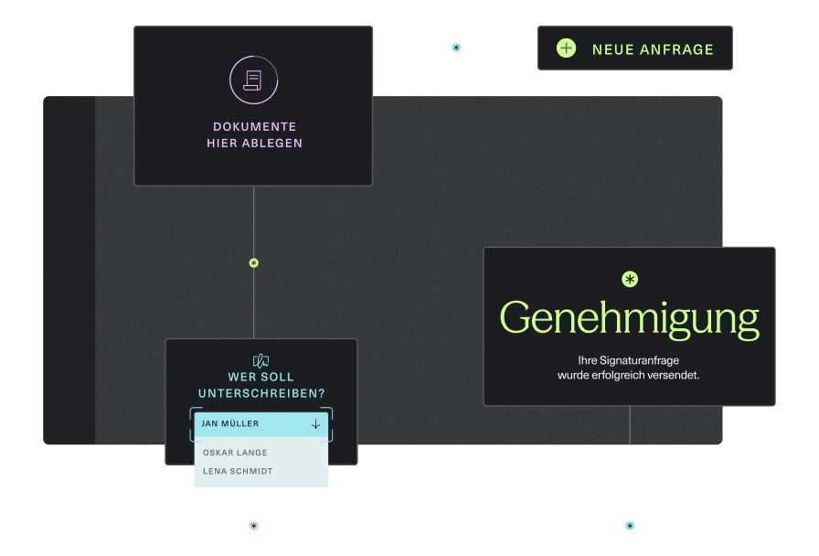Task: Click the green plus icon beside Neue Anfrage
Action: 567,48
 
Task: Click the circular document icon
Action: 253,80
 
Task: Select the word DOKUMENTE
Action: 254,126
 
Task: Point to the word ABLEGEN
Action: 271,143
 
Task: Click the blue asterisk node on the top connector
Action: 456,48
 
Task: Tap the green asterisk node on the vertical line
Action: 254,263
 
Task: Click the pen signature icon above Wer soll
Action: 261,360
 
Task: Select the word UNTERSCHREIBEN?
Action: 261,393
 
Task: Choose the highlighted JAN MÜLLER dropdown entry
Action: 230,423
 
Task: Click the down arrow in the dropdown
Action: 315,423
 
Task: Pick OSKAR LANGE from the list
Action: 235,453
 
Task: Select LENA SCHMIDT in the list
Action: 238,471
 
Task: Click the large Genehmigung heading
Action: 629,318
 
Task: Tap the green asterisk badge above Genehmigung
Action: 629,279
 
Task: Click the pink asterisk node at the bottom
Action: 254,526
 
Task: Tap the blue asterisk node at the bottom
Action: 630,526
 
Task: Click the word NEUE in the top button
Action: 612,49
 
